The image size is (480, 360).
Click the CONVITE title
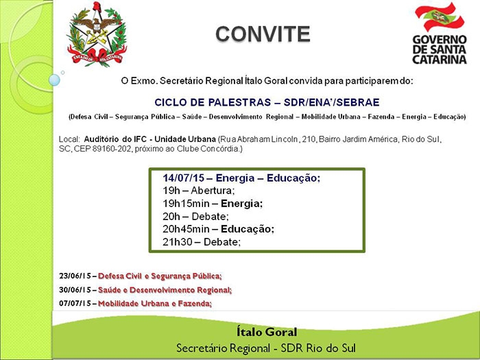(x=263, y=34)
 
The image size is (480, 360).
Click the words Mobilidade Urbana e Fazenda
(x=155, y=303)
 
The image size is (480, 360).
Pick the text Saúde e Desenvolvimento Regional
(x=165, y=290)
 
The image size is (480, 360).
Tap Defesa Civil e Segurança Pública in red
(x=160, y=276)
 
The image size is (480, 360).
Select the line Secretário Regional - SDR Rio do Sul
(x=265, y=346)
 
